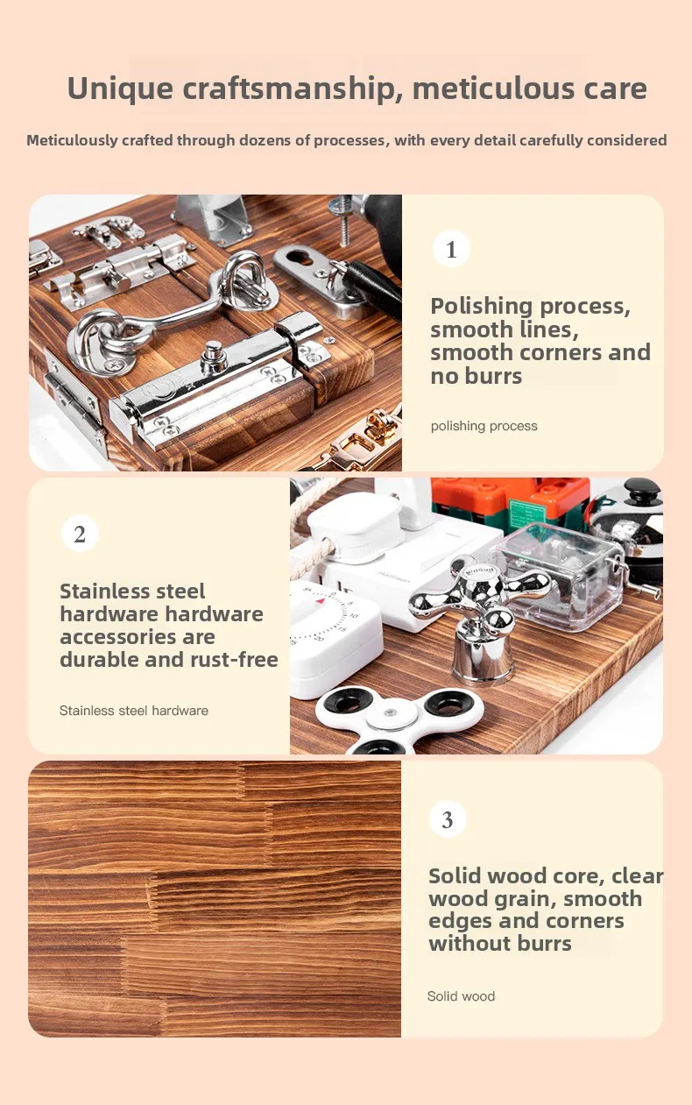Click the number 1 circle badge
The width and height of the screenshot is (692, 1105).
[451, 249]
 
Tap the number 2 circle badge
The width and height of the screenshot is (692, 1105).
[80, 534]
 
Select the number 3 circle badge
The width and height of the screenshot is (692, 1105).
[448, 819]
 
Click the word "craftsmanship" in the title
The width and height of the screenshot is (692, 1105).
[289, 89]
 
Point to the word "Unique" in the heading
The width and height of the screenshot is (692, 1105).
[120, 89]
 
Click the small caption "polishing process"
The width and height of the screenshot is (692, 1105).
[484, 426]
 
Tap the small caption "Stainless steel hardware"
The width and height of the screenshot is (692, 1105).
[134, 711]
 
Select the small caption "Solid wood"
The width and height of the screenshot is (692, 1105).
[461, 996]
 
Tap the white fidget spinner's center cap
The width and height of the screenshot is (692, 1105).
[390, 712]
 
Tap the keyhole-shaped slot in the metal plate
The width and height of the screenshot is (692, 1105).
[299, 257]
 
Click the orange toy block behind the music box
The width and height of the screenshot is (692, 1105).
[511, 499]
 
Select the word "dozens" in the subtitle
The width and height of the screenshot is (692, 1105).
[265, 140]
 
